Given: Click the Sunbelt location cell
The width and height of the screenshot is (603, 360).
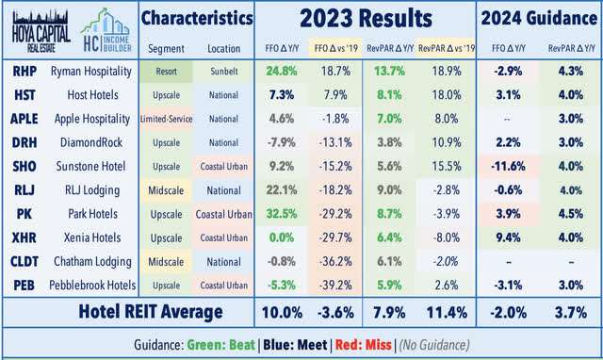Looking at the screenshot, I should [223, 70].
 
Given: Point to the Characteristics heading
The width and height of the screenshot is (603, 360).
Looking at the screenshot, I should [196, 18].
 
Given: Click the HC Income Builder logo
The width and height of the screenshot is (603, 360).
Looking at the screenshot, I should [105, 24].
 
